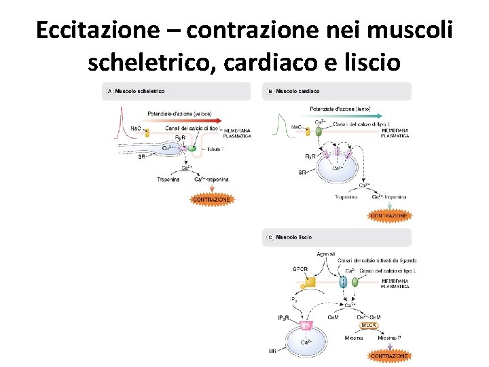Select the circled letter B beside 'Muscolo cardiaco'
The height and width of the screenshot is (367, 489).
pos(270,91)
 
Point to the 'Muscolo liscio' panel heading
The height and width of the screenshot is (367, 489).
pos(293,237)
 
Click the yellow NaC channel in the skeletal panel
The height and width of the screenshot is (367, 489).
pos(146,133)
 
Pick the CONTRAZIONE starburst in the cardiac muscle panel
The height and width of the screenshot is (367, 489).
pos(389,215)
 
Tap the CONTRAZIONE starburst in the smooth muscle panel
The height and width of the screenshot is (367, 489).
pos(389,355)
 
